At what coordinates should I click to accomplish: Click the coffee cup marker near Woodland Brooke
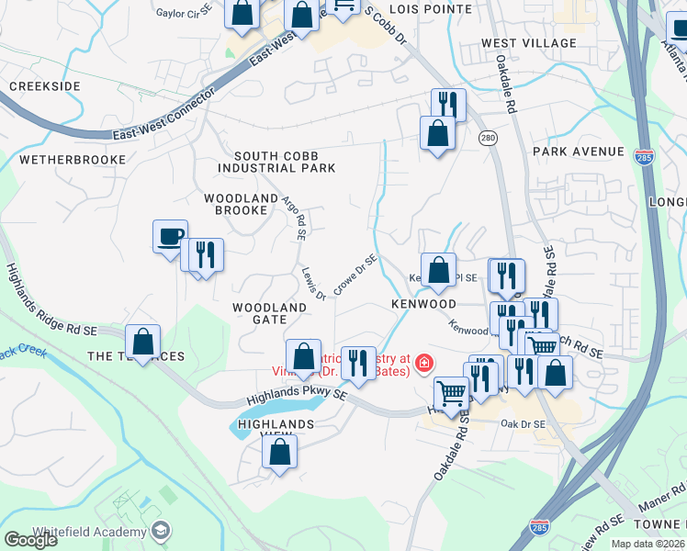pos(171,236)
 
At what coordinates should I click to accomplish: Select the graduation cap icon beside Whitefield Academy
pos(161,531)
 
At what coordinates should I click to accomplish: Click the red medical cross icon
pos(424,364)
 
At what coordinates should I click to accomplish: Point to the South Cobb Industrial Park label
pos(276,162)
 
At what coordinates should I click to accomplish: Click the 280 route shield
pos(487,138)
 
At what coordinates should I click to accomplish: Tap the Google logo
pos(31,541)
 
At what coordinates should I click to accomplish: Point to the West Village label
pos(528,43)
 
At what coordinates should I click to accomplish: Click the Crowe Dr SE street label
pos(355,275)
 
